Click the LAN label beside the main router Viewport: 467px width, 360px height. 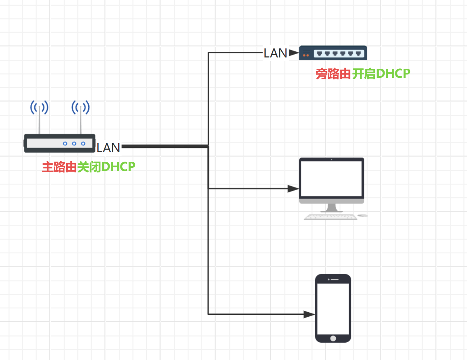pyautogui.click(x=108, y=148)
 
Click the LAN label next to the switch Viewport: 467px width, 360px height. pyautogui.click(x=275, y=53)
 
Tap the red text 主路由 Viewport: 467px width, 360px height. pyautogui.click(x=59, y=167)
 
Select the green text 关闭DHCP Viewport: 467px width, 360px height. pyautogui.click(x=106, y=167)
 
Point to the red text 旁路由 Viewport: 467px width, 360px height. pyautogui.click(x=333, y=74)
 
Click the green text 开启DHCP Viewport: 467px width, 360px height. pyautogui.click(x=381, y=74)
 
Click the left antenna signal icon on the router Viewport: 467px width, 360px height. pyautogui.click(x=39, y=107)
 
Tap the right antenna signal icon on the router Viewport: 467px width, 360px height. pyautogui.click(x=81, y=107)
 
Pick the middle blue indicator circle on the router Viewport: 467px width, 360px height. pyautogui.click(x=74, y=143)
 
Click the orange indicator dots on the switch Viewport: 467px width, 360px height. pyautogui.click(x=306, y=55)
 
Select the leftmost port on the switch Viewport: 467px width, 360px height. pyautogui.click(x=319, y=53)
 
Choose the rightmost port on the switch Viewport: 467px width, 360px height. pyautogui.click(x=358, y=53)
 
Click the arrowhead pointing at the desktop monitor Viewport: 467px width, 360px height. pyautogui.click(x=293, y=189)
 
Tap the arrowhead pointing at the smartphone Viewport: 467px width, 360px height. pyautogui.click(x=309, y=314)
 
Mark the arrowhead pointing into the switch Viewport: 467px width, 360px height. pyautogui.click(x=294, y=53)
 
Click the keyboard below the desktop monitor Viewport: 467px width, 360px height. pyautogui.click(x=331, y=217)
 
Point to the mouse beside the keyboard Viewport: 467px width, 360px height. pyautogui.click(x=363, y=215)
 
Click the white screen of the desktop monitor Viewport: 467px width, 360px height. pyautogui.click(x=331, y=179)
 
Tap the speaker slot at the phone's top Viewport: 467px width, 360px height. pyautogui.click(x=335, y=279)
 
